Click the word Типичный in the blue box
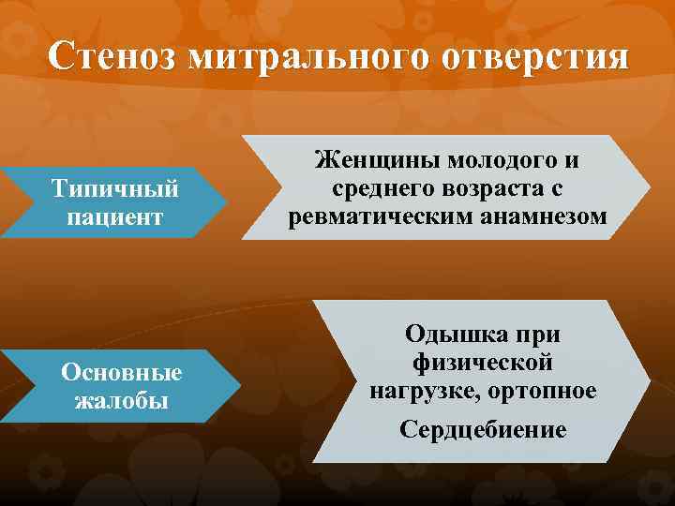point(115,189)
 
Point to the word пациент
point(115,217)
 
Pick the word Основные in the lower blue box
point(121,373)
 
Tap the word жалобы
point(121,401)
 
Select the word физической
point(482,362)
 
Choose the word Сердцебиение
point(483,430)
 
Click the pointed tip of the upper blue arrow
point(227,202)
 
